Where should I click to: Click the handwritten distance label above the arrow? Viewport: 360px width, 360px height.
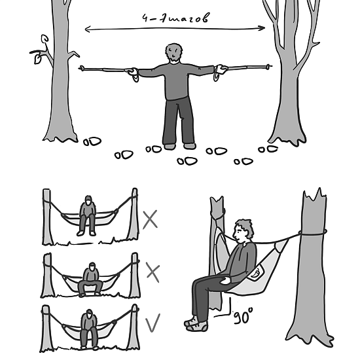pyautogui.click(x=176, y=18)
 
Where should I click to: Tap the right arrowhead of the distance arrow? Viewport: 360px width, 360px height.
pyautogui.click(x=263, y=28)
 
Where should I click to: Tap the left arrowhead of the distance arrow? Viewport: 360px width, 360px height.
pyautogui.click(x=87, y=29)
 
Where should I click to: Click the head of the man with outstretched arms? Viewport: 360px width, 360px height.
pyautogui.click(x=174, y=52)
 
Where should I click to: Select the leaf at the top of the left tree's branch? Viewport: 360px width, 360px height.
pyautogui.click(x=45, y=39)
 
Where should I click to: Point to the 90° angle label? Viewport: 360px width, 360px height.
pyautogui.click(x=243, y=316)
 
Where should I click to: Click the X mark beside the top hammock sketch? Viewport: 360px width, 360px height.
pyautogui.click(x=150, y=219)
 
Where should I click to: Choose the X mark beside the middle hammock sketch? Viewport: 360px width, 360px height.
pyautogui.click(x=153, y=272)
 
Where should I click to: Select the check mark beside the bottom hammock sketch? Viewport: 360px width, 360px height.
pyautogui.click(x=153, y=323)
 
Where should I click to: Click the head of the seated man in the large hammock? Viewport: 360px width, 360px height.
pyautogui.click(x=243, y=231)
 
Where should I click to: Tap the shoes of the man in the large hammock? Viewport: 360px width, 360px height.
pyautogui.click(x=196, y=324)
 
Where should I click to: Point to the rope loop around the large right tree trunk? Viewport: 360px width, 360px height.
pyautogui.click(x=313, y=234)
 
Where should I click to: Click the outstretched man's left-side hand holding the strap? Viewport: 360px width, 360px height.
pyautogui.click(x=133, y=71)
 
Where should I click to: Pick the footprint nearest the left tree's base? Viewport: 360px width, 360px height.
pyautogui.click(x=92, y=141)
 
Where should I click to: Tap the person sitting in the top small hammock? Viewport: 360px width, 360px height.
pyautogui.click(x=87, y=216)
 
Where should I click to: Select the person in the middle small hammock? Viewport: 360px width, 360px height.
pyautogui.click(x=90, y=279)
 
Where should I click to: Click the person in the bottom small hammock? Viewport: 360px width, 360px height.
pyautogui.click(x=89, y=329)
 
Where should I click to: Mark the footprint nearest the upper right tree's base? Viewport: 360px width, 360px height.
pyautogui.click(x=268, y=149)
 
